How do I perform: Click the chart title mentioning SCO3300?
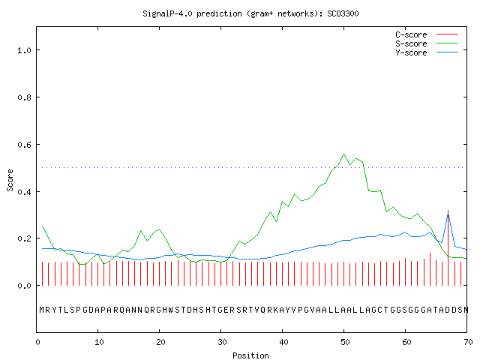point(250,13)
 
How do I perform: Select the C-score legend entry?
point(427,34)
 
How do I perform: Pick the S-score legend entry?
point(427,43)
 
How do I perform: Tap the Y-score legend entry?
point(427,52)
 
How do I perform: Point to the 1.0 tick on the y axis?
point(24,50)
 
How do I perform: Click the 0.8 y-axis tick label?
point(24,97)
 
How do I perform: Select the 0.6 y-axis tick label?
point(24,145)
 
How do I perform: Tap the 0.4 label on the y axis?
point(24,192)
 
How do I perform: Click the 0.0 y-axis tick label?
point(24,286)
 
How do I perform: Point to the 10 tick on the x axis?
point(99,342)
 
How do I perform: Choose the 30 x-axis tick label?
point(222,342)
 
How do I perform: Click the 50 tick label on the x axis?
point(345,342)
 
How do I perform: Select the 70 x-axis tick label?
point(468,342)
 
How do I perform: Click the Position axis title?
point(250,355)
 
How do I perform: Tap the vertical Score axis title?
point(10,180)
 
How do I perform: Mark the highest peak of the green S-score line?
point(343,154)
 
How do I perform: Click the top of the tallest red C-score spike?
point(448,211)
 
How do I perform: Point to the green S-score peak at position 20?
point(159,229)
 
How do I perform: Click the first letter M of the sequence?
point(42,310)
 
